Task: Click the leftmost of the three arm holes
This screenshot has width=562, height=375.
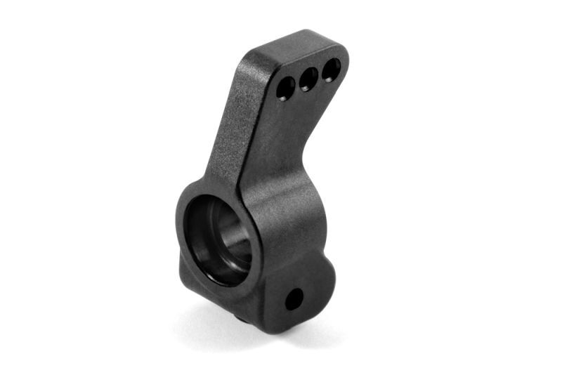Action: click(285, 88)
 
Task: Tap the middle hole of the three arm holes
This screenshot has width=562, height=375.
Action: click(308, 79)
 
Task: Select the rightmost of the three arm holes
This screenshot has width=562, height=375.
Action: click(331, 69)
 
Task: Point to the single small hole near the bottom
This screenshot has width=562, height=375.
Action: click(294, 299)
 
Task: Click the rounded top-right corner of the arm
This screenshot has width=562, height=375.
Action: click(342, 51)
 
